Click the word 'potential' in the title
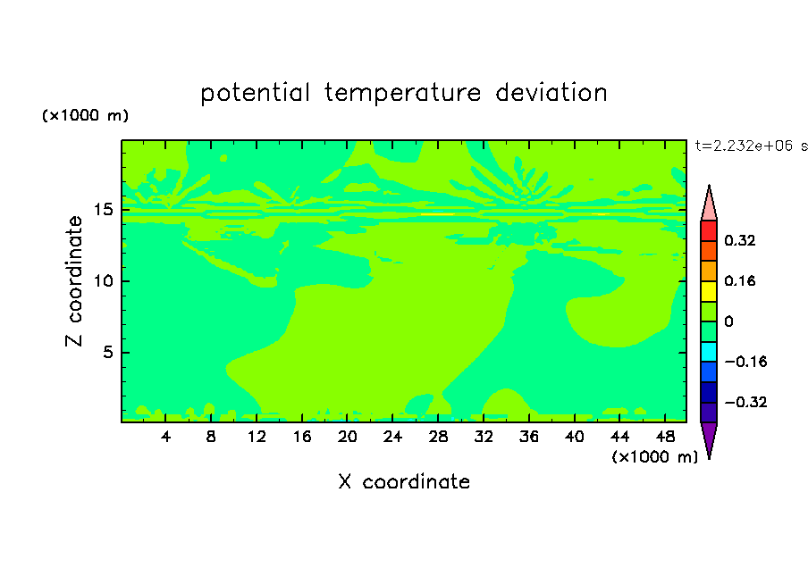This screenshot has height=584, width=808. tap(255, 93)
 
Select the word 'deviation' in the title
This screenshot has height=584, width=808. tap(551, 92)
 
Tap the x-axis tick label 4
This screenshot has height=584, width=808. tap(165, 437)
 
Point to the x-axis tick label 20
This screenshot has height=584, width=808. tap(348, 437)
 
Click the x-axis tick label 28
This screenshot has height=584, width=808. tap(438, 437)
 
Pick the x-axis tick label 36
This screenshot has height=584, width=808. tap(529, 437)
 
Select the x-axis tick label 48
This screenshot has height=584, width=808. tap(665, 437)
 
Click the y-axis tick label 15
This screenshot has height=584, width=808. tap(103, 210)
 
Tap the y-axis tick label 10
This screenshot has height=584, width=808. tap(103, 280)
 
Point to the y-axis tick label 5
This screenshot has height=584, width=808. tap(107, 352)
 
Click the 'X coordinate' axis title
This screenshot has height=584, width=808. tap(404, 481)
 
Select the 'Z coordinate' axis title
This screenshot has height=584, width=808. tap(73, 281)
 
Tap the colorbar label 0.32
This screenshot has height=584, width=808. tap(739, 240)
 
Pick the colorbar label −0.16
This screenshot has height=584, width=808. tap(745, 362)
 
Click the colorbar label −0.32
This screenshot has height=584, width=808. tap(745, 402)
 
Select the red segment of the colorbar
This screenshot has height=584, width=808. tap(709, 230)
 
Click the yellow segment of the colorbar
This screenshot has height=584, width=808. tap(709, 291)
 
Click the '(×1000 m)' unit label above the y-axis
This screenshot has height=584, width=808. tap(85, 115)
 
